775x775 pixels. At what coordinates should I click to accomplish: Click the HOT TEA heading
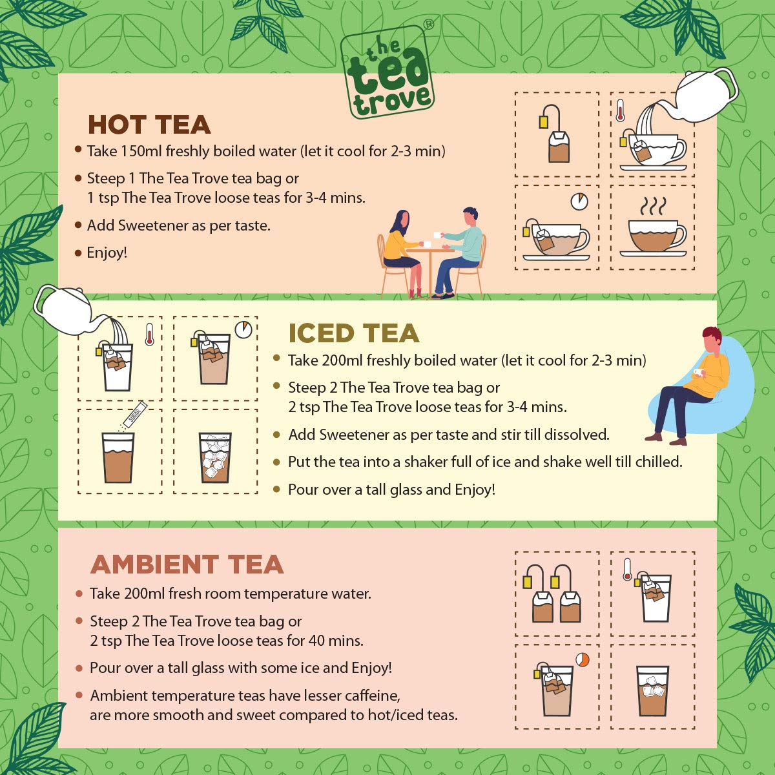(149, 125)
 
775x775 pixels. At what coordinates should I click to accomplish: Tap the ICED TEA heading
(354, 333)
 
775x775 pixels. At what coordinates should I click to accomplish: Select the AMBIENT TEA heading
(187, 564)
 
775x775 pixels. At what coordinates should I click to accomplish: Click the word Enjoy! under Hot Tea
(107, 253)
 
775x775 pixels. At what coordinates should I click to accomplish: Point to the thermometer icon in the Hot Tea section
(620, 110)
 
